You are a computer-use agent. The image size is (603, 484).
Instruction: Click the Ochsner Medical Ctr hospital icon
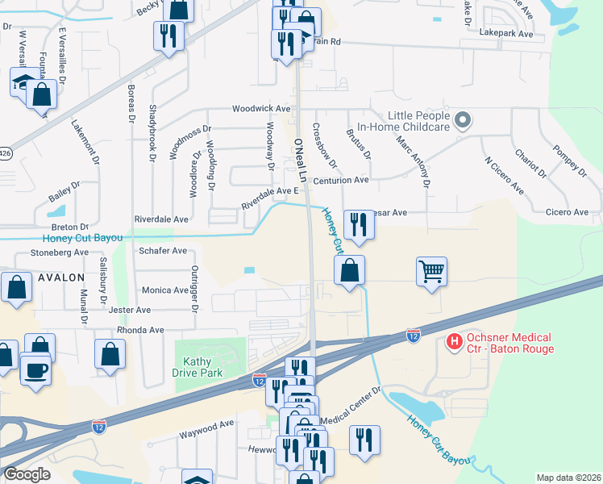coord(455,342)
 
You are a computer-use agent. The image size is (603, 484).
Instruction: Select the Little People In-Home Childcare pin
coord(462,121)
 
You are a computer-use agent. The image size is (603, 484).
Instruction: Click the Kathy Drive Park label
coord(197,367)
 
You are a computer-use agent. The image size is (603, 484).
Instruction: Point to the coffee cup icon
coord(35,370)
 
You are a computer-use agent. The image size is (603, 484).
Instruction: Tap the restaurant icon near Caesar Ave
coord(359,224)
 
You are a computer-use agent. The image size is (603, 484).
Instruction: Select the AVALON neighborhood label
coord(60,277)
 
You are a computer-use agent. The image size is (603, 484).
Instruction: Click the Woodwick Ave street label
coord(260,108)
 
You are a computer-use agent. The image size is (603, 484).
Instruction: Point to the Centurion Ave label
coord(341,181)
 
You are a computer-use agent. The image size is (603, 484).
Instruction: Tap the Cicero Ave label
coord(568,212)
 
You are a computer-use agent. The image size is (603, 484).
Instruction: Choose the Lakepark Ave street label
coord(506,35)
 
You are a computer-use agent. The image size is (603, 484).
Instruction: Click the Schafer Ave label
coord(163,251)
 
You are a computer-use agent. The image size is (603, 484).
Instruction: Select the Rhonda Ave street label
coord(140,330)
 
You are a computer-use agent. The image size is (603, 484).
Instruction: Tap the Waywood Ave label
coord(206,423)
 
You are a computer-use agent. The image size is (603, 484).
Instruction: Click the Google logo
coord(27,474)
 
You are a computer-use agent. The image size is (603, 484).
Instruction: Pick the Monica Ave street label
coord(165,290)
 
